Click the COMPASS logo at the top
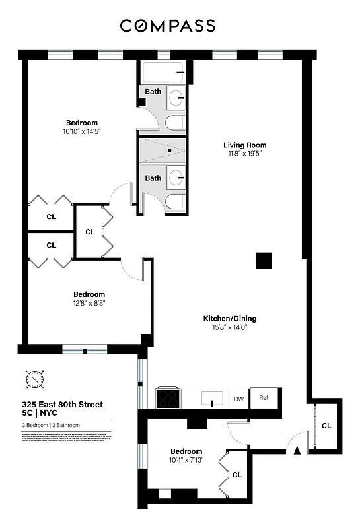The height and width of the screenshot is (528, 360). (x=167, y=26)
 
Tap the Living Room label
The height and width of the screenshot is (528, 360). (x=244, y=145)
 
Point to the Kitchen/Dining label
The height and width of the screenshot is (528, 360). (x=229, y=318)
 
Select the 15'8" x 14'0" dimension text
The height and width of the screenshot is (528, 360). (x=229, y=327)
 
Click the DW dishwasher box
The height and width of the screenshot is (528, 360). (x=238, y=399)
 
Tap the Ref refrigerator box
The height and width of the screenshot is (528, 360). (x=264, y=398)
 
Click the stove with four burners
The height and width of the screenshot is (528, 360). (x=168, y=398)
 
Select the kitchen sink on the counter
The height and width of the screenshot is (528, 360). (x=211, y=399)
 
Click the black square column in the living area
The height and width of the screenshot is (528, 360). (x=264, y=261)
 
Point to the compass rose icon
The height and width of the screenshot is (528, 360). (x=34, y=379)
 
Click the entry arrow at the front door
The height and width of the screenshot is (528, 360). (x=297, y=450)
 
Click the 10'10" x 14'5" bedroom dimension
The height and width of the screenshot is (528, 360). (x=82, y=131)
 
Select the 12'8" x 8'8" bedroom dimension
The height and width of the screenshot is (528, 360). (x=89, y=303)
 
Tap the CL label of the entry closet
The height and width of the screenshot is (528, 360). (x=326, y=426)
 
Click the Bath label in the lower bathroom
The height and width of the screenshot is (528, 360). (x=153, y=178)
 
